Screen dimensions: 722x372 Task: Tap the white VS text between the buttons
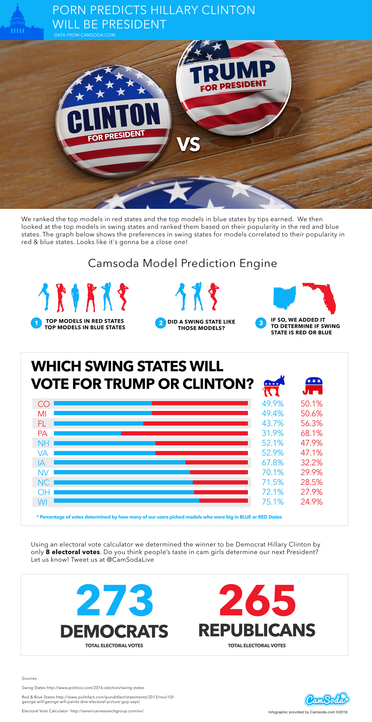(x=188, y=144)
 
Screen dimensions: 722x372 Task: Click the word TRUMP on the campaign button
(x=233, y=71)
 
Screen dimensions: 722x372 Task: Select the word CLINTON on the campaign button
(x=113, y=117)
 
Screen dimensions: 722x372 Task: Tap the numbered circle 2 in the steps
(x=160, y=323)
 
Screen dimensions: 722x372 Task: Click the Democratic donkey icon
(x=274, y=386)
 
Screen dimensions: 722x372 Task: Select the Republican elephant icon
(x=313, y=386)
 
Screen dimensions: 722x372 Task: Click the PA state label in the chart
(x=42, y=433)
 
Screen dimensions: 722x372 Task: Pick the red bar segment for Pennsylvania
(x=184, y=433)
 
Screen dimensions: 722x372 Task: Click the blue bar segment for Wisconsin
(x=126, y=501)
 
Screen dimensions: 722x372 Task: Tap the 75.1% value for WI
(x=273, y=502)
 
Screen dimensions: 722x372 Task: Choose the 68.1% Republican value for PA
(x=311, y=433)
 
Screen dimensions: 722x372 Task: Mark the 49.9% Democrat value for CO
(x=273, y=404)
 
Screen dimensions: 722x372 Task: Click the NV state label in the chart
(x=43, y=473)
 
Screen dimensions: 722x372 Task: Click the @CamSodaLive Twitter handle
(x=130, y=559)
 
